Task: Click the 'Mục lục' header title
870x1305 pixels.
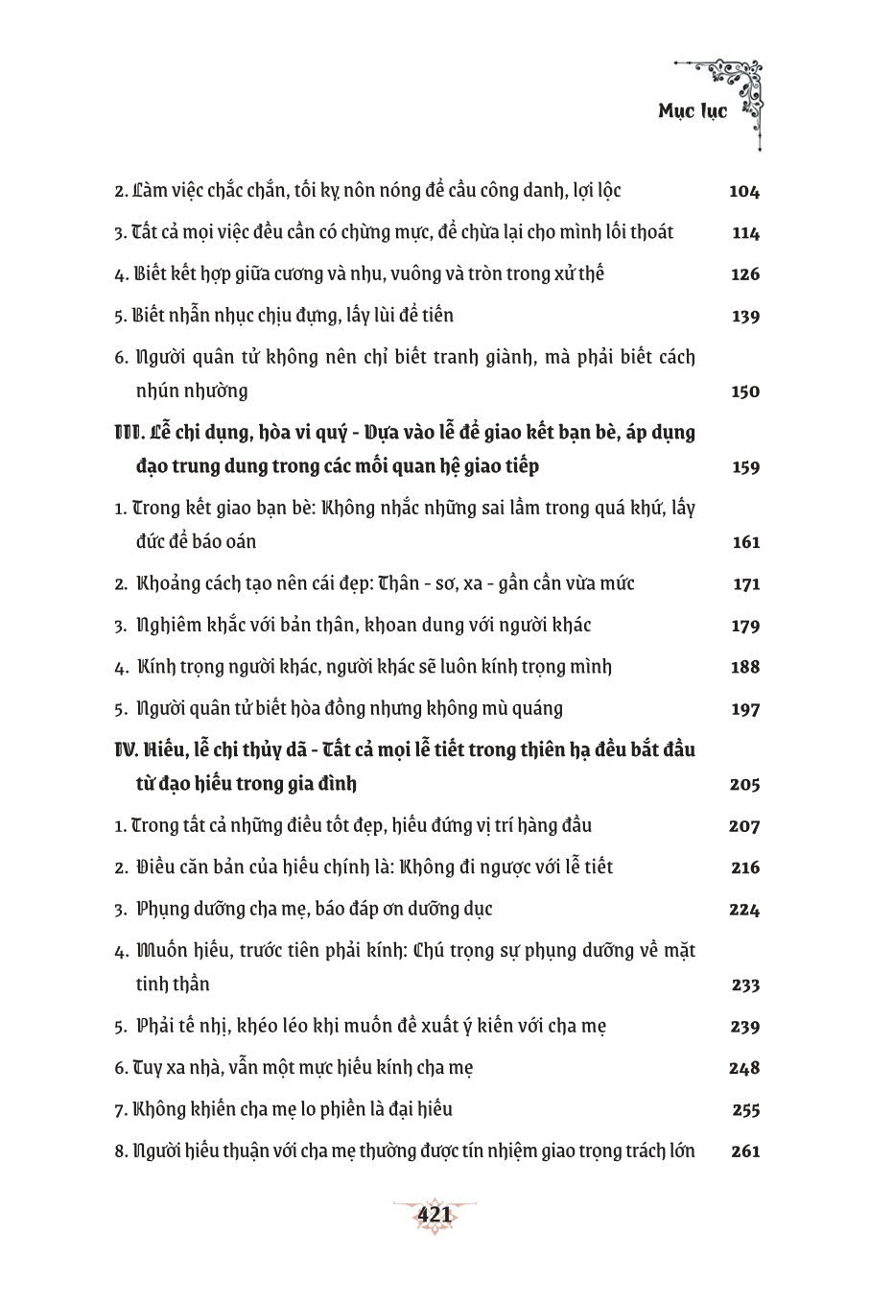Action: tap(693, 110)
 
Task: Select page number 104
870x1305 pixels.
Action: tap(744, 191)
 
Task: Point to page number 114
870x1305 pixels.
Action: tap(744, 233)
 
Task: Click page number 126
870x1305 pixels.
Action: tap(744, 274)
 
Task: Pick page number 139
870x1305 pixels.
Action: tap(744, 317)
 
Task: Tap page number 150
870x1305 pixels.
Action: tap(744, 391)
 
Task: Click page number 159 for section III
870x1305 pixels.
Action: tap(744, 467)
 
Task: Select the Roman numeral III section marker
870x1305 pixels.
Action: tap(125, 433)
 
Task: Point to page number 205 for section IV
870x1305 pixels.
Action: tap(744, 785)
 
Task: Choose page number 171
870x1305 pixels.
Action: tap(744, 584)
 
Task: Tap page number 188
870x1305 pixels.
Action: tap(744, 667)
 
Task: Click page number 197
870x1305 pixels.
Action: tap(744, 709)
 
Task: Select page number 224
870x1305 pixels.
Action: tap(744, 910)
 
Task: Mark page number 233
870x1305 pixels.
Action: tap(744, 985)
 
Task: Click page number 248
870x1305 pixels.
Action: tap(744, 1068)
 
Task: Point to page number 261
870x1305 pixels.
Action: tap(744, 1151)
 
